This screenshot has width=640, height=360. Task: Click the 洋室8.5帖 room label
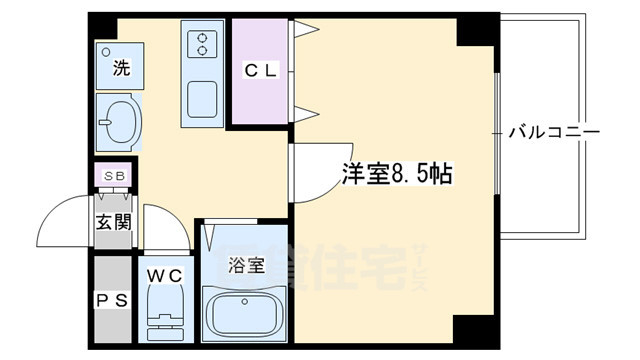398,174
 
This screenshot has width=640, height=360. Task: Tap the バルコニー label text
553,132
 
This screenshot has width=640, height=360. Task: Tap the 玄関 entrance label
112,222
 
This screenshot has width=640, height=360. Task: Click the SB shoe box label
114,177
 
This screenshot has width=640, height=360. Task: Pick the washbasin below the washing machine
120,121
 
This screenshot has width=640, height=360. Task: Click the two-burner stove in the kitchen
204,43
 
